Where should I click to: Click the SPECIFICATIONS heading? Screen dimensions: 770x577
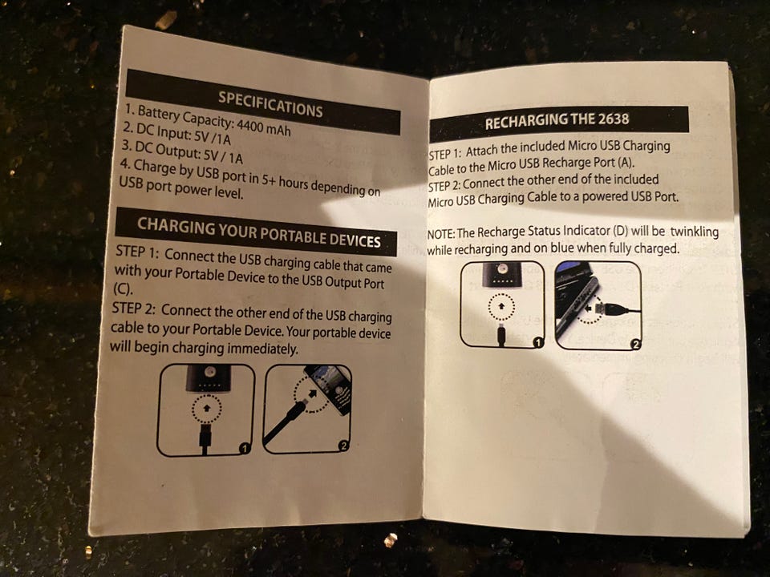click(270, 104)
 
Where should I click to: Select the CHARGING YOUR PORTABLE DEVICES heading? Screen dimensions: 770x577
click(259, 232)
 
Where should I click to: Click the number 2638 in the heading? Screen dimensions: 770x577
click(614, 119)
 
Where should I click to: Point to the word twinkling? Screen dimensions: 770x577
click(695, 231)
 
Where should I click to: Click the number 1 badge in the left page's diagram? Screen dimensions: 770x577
click(245, 448)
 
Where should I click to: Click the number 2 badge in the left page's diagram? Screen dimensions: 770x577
click(344, 446)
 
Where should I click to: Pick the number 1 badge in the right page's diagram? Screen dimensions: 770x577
click(538, 342)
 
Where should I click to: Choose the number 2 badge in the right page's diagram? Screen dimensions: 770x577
click(635, 345)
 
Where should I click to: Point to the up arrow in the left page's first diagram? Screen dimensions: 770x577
click(207, 407)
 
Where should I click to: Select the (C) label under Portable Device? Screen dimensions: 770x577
click(123, 289)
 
